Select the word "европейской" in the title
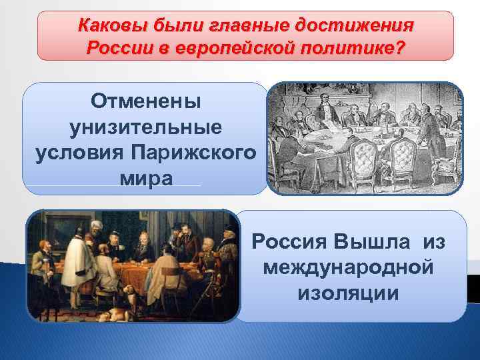[233, 49]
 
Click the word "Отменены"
[145, 102]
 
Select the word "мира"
[145, 178]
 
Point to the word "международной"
[349, 268]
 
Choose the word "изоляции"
[349, 293]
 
